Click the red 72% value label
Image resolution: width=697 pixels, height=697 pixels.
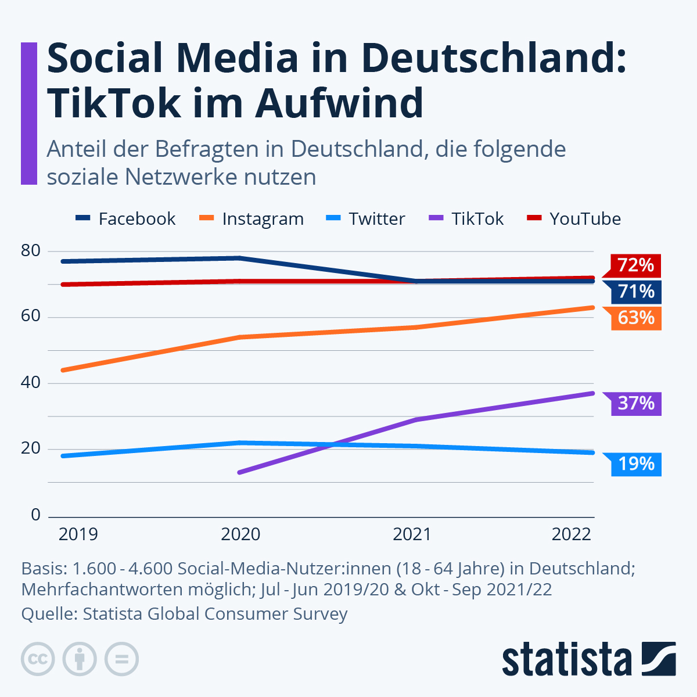coord(635,265)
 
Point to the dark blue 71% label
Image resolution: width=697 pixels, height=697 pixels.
coord(635,292)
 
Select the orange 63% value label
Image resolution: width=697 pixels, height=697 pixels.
coord(635,318)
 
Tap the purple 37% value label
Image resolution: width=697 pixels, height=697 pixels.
coord(635,403)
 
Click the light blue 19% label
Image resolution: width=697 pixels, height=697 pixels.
coord(635,464)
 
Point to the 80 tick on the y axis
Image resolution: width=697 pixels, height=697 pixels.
coord(30,251)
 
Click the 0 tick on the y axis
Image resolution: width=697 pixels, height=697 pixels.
coord(35,515)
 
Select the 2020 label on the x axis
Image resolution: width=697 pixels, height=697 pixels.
coord(240,534)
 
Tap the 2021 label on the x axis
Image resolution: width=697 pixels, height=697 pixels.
coord(412,534)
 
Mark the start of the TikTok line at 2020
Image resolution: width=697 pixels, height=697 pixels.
coord(239,472)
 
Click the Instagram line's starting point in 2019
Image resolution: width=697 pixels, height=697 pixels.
coord(63,370)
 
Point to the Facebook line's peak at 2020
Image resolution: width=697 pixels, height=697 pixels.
coord(239,258)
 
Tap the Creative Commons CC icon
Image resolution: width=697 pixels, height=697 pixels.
coord(38,659)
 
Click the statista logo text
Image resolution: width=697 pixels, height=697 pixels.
coord(566,660)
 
